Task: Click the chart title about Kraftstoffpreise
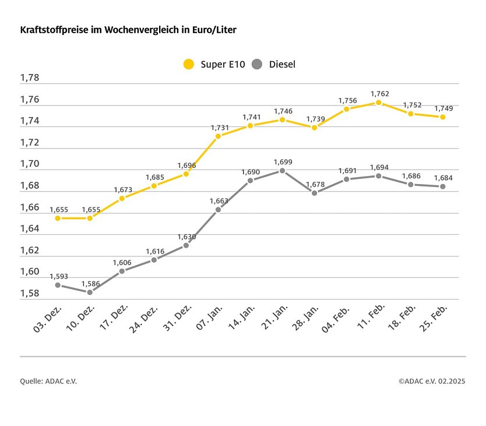tap(128, 30)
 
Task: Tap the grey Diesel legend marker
tap(258, 64)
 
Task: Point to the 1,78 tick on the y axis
tap(30, 78)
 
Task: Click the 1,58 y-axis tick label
tap(30, 294)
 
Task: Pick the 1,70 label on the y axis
tap(30, 164)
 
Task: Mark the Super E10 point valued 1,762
tap(379, 103)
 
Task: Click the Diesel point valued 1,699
tap(283, 171)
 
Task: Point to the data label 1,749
tap(443, 108)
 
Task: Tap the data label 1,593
tap(58, 276)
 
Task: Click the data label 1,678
tap(315, 184)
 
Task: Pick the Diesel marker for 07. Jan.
tap(219, 209)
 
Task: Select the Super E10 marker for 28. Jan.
tap(315, 127)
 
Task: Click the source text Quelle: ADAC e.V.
tap(48, 381)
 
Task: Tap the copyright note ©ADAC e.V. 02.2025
tap(432, 381)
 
